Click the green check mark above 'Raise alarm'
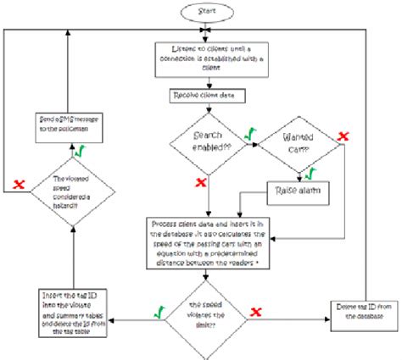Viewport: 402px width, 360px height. pyautogui.click(x=309, y=172)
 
